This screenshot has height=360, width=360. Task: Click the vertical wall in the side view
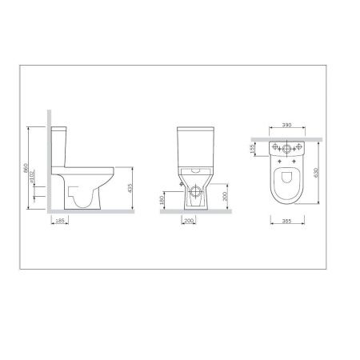pos(49,160)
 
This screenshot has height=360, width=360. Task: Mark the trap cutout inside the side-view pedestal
pos(76,193)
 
